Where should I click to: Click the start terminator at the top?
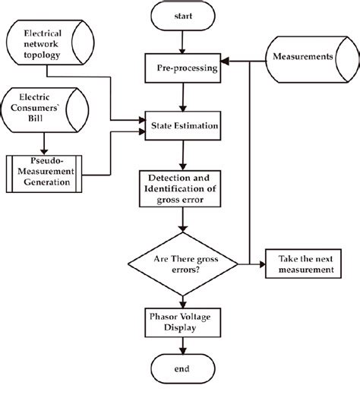click(183, 15)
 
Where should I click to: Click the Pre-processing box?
click(183, 68)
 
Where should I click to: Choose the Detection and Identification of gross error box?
click(183, 187)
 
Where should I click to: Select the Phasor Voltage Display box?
click(183, 323)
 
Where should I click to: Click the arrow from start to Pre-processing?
click(183, 41)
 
